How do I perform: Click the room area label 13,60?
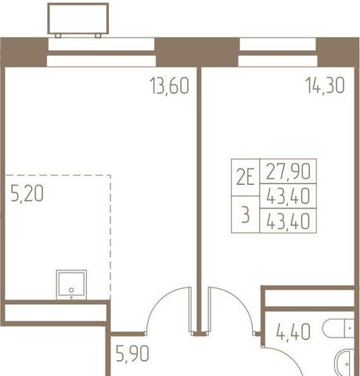click(x=169, y=85)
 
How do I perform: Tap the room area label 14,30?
click(x=325, y=85)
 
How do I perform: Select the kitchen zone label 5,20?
click(x=27, y=193)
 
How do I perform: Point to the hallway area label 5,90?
click(x=132, y=353)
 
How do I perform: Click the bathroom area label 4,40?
click(x=293, y=331)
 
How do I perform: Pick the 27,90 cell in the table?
click(x=288, y=171)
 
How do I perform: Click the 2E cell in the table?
click(x=246, y=177)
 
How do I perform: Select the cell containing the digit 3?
click(x=246, y=215)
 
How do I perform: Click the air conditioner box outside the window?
click(x=78, y=19)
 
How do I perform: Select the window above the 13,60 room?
click(x=101, y=53)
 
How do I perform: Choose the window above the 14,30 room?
click(x=278, y=53)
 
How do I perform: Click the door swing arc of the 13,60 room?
click(x=157, y=300)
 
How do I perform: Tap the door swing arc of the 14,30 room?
click(x=243, y=300)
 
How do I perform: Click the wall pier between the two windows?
click(x=197, y=52)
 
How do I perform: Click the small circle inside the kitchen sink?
click(x=71, y=290)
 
